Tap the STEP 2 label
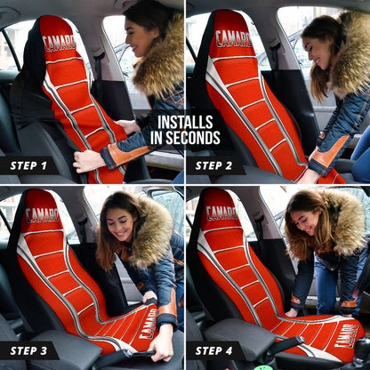click(x=220, y=165)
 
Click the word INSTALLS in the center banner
click(x=185, y=123)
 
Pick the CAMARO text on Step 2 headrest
click(x=233, y=38)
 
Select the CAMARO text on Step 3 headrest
click(x=42, y=214)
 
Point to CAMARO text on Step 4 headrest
click(x=221, y=213)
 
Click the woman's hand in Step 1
click(x=87, y=160)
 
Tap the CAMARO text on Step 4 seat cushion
click(x=345, y=335)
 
